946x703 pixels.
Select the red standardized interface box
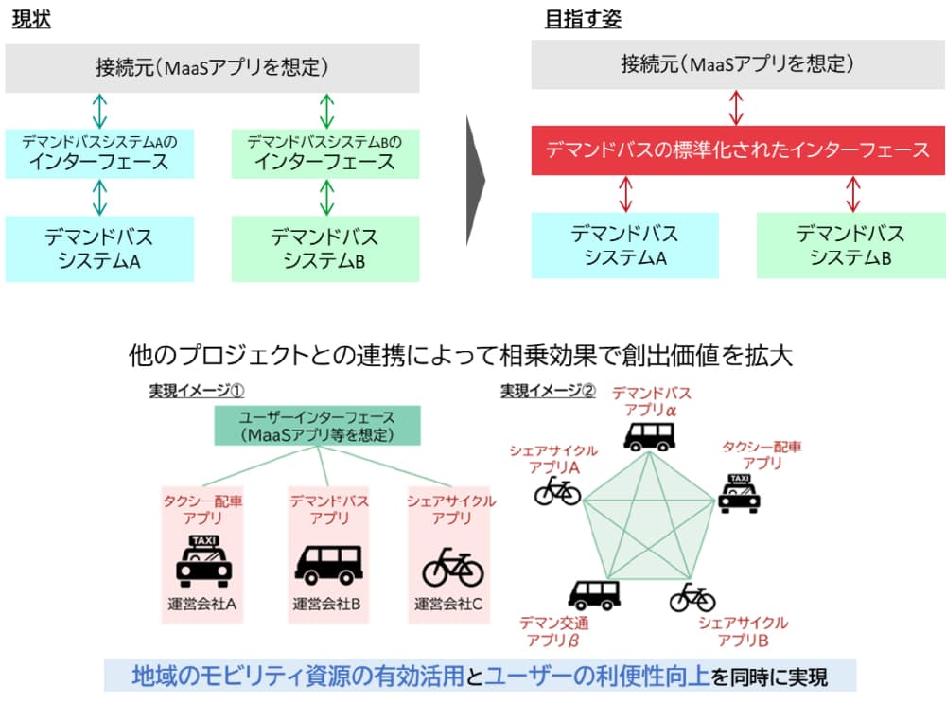pos(738,149)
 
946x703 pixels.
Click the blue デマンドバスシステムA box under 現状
pos(99,248)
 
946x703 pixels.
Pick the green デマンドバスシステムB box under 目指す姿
pos(850,245)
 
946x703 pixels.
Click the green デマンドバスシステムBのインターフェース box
pos(324,153)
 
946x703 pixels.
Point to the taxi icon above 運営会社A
pos(203,562)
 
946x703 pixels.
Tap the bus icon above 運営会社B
pos(327,565)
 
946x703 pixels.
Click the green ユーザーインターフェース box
pos(317,426)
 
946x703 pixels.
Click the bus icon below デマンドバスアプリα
pos(649,435)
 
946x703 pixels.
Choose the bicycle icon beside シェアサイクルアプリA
pos(557,491)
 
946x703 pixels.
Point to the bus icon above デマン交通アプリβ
pos(593,594)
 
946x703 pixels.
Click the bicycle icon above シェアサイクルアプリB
pos(692,597)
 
